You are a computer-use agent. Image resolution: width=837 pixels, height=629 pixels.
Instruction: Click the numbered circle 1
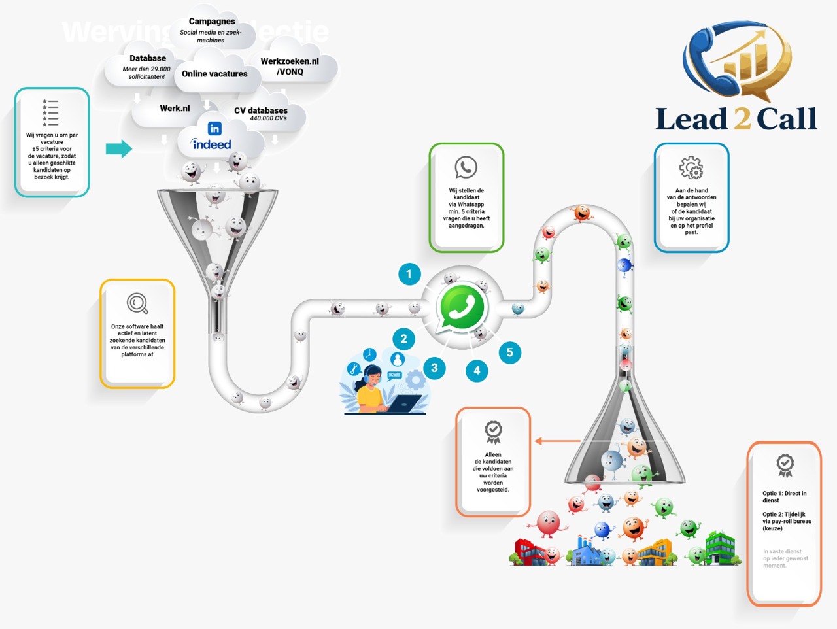pos(409,274)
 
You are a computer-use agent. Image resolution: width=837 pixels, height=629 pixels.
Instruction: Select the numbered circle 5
pos(510,352)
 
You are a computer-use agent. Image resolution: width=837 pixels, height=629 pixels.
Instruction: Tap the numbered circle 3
pos(434,368)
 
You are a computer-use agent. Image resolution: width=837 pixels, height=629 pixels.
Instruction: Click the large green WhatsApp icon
pos(462,307)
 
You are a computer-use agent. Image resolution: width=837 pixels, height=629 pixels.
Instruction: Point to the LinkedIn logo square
pos(214,128)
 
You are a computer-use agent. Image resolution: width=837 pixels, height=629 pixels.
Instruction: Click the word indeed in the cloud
pos(211,144)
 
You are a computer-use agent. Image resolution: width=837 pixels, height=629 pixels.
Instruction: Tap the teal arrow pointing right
pos(118,148)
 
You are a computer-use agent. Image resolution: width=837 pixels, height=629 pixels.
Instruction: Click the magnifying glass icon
pos(137,303)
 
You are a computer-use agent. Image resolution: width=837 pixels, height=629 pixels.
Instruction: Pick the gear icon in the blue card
pos(691,168)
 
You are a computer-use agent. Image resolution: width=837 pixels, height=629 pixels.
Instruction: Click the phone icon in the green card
pos(466,167)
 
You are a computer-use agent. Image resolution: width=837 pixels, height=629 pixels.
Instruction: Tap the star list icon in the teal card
pos(50,112)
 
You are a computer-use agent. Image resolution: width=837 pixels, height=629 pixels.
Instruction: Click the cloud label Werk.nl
pos(175,109)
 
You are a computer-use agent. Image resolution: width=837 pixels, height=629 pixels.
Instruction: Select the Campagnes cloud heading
pos(212,22)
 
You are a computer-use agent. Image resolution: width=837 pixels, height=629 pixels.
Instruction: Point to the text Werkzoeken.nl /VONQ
pos(290,66)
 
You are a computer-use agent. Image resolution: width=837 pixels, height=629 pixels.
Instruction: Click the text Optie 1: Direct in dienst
pos(784,496)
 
